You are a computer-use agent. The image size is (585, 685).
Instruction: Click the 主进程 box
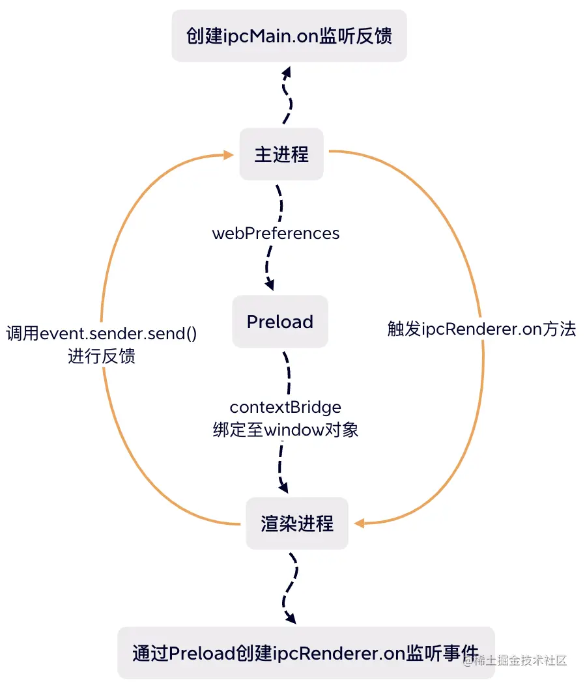[281, 154]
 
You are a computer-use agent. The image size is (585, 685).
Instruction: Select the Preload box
[280, 322]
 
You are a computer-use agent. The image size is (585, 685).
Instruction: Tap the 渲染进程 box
[297, 524]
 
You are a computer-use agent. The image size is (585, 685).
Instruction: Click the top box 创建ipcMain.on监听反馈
[289, 36]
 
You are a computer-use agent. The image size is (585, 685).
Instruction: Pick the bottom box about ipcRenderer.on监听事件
[306, 652]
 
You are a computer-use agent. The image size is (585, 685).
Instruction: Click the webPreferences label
[276, 233]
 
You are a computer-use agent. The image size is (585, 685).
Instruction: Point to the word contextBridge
[285, 407]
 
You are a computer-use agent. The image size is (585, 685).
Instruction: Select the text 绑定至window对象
[285, 430]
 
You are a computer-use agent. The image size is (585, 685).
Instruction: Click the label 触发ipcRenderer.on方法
[481, 329]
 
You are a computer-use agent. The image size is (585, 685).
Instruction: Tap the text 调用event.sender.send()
[102, 334]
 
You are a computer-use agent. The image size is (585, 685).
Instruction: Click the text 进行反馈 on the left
[102, 356]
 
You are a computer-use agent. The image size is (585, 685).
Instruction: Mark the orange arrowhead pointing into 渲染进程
[359, 522]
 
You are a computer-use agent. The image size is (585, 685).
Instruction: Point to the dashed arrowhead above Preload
[270, 285]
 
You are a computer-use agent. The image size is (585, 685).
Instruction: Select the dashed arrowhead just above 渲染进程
[283, 486]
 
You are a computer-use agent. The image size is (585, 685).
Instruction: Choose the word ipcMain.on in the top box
[279, 36]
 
